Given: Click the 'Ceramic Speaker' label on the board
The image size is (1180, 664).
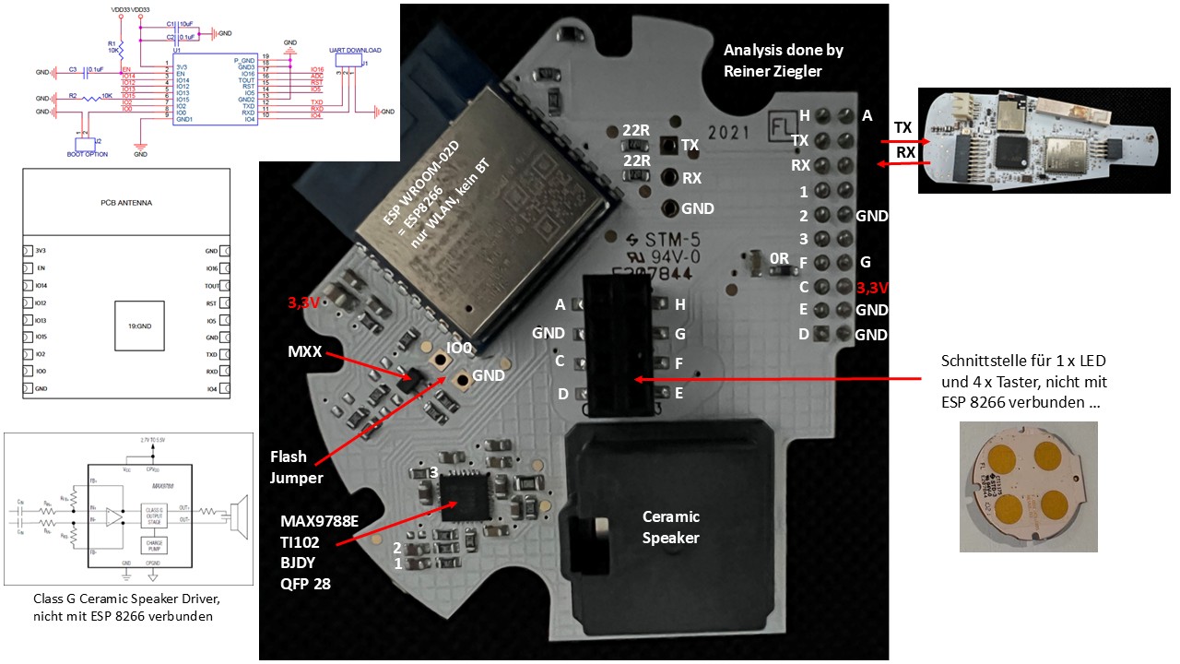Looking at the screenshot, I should coord(671,526).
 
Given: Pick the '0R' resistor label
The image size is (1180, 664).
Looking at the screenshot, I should coord(778,260).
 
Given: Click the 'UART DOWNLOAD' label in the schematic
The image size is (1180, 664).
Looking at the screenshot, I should coord(354,51).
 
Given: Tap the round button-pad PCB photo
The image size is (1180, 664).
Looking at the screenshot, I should coord(1028,487).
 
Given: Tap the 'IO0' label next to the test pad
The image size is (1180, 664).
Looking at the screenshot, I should coord(462,350).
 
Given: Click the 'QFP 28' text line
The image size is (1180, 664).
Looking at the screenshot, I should coord(306,583).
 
